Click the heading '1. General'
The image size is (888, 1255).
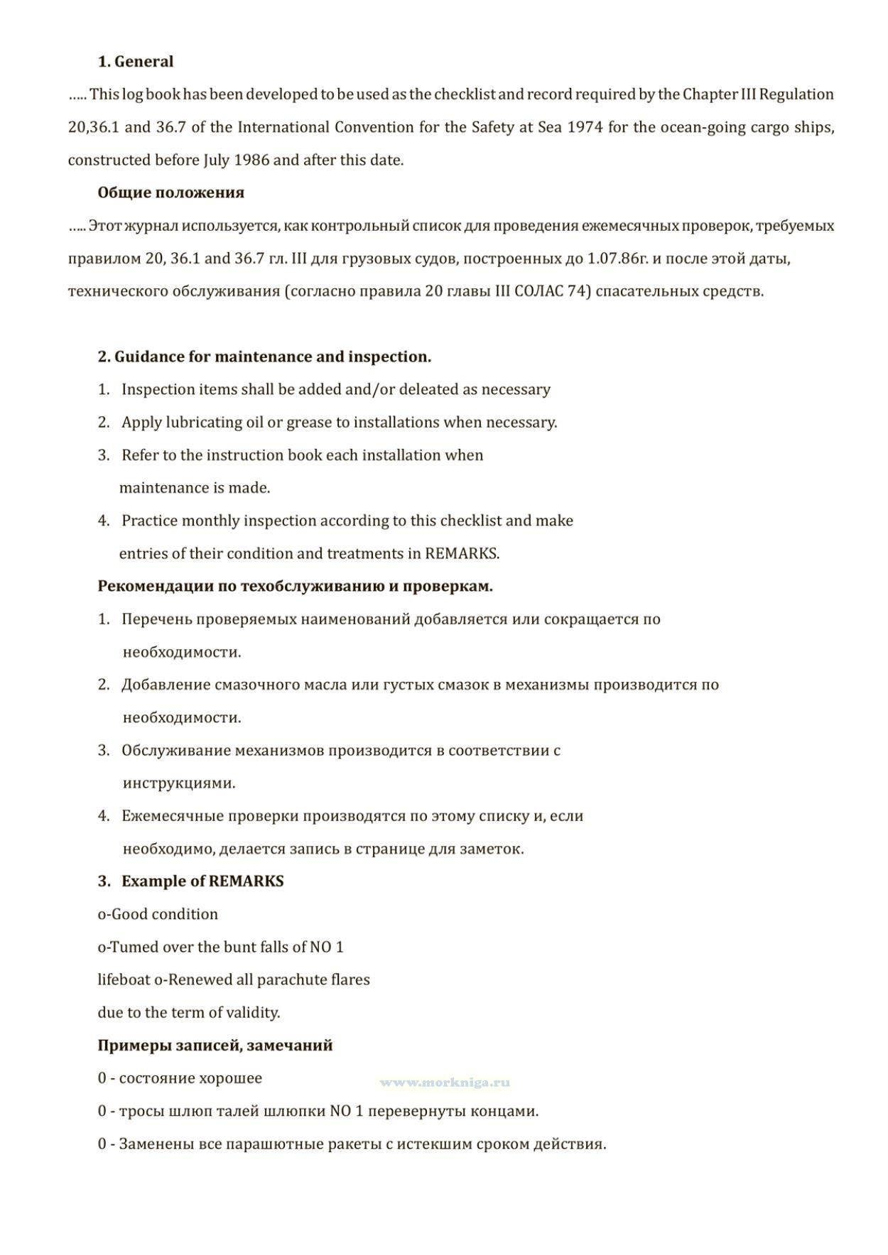(135, 62)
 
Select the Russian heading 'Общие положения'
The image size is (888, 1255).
(170, 192)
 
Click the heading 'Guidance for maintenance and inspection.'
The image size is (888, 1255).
(272, 357)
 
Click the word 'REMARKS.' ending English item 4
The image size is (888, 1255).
(462, 554)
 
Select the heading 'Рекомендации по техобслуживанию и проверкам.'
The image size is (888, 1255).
(295, 587)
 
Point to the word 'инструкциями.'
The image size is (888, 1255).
(179, 783)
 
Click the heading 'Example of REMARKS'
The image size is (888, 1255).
(202, 881)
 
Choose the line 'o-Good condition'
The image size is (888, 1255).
(158, 914)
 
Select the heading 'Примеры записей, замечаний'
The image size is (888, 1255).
(215, 1045)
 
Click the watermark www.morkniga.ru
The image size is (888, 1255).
(445, 1082)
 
